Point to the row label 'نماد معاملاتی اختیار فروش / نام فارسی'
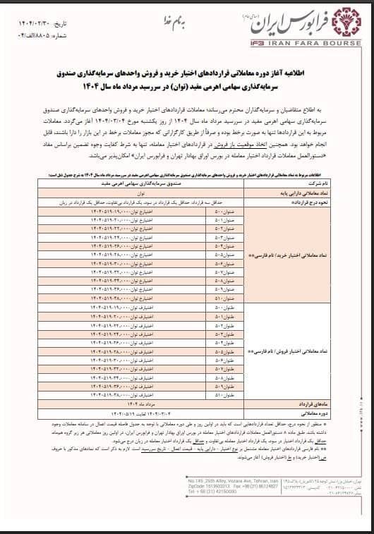286,349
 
